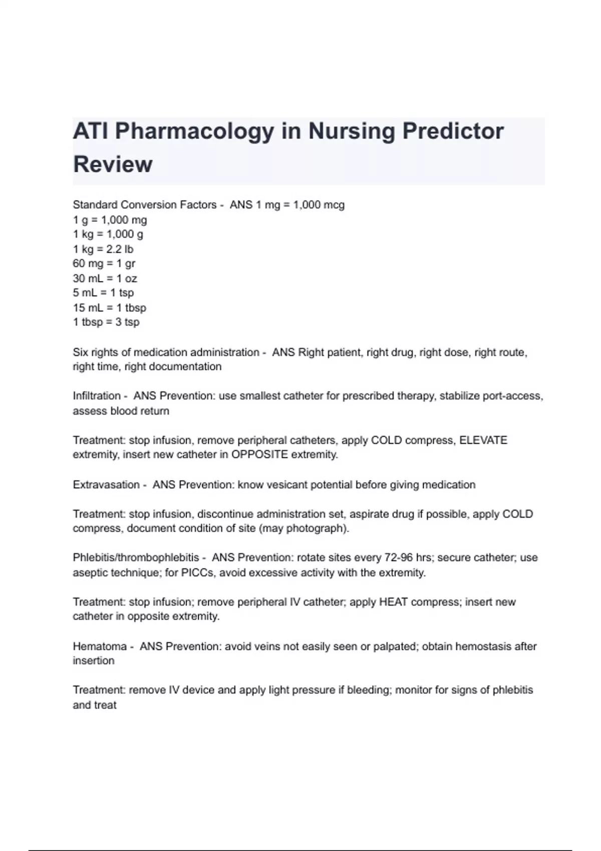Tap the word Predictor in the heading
[453, 131]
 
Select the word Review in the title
[113, 164]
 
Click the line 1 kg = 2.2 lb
[103, 249]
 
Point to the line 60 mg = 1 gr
[104, 263]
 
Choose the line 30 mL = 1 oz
[105, 278]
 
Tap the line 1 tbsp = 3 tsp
[106, 322]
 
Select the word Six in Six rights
[81, 352]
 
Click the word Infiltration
[97, 396]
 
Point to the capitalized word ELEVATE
[483, 441]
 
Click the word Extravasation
[106, 485]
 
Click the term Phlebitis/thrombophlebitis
[136, 558]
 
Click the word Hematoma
[100, 646]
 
